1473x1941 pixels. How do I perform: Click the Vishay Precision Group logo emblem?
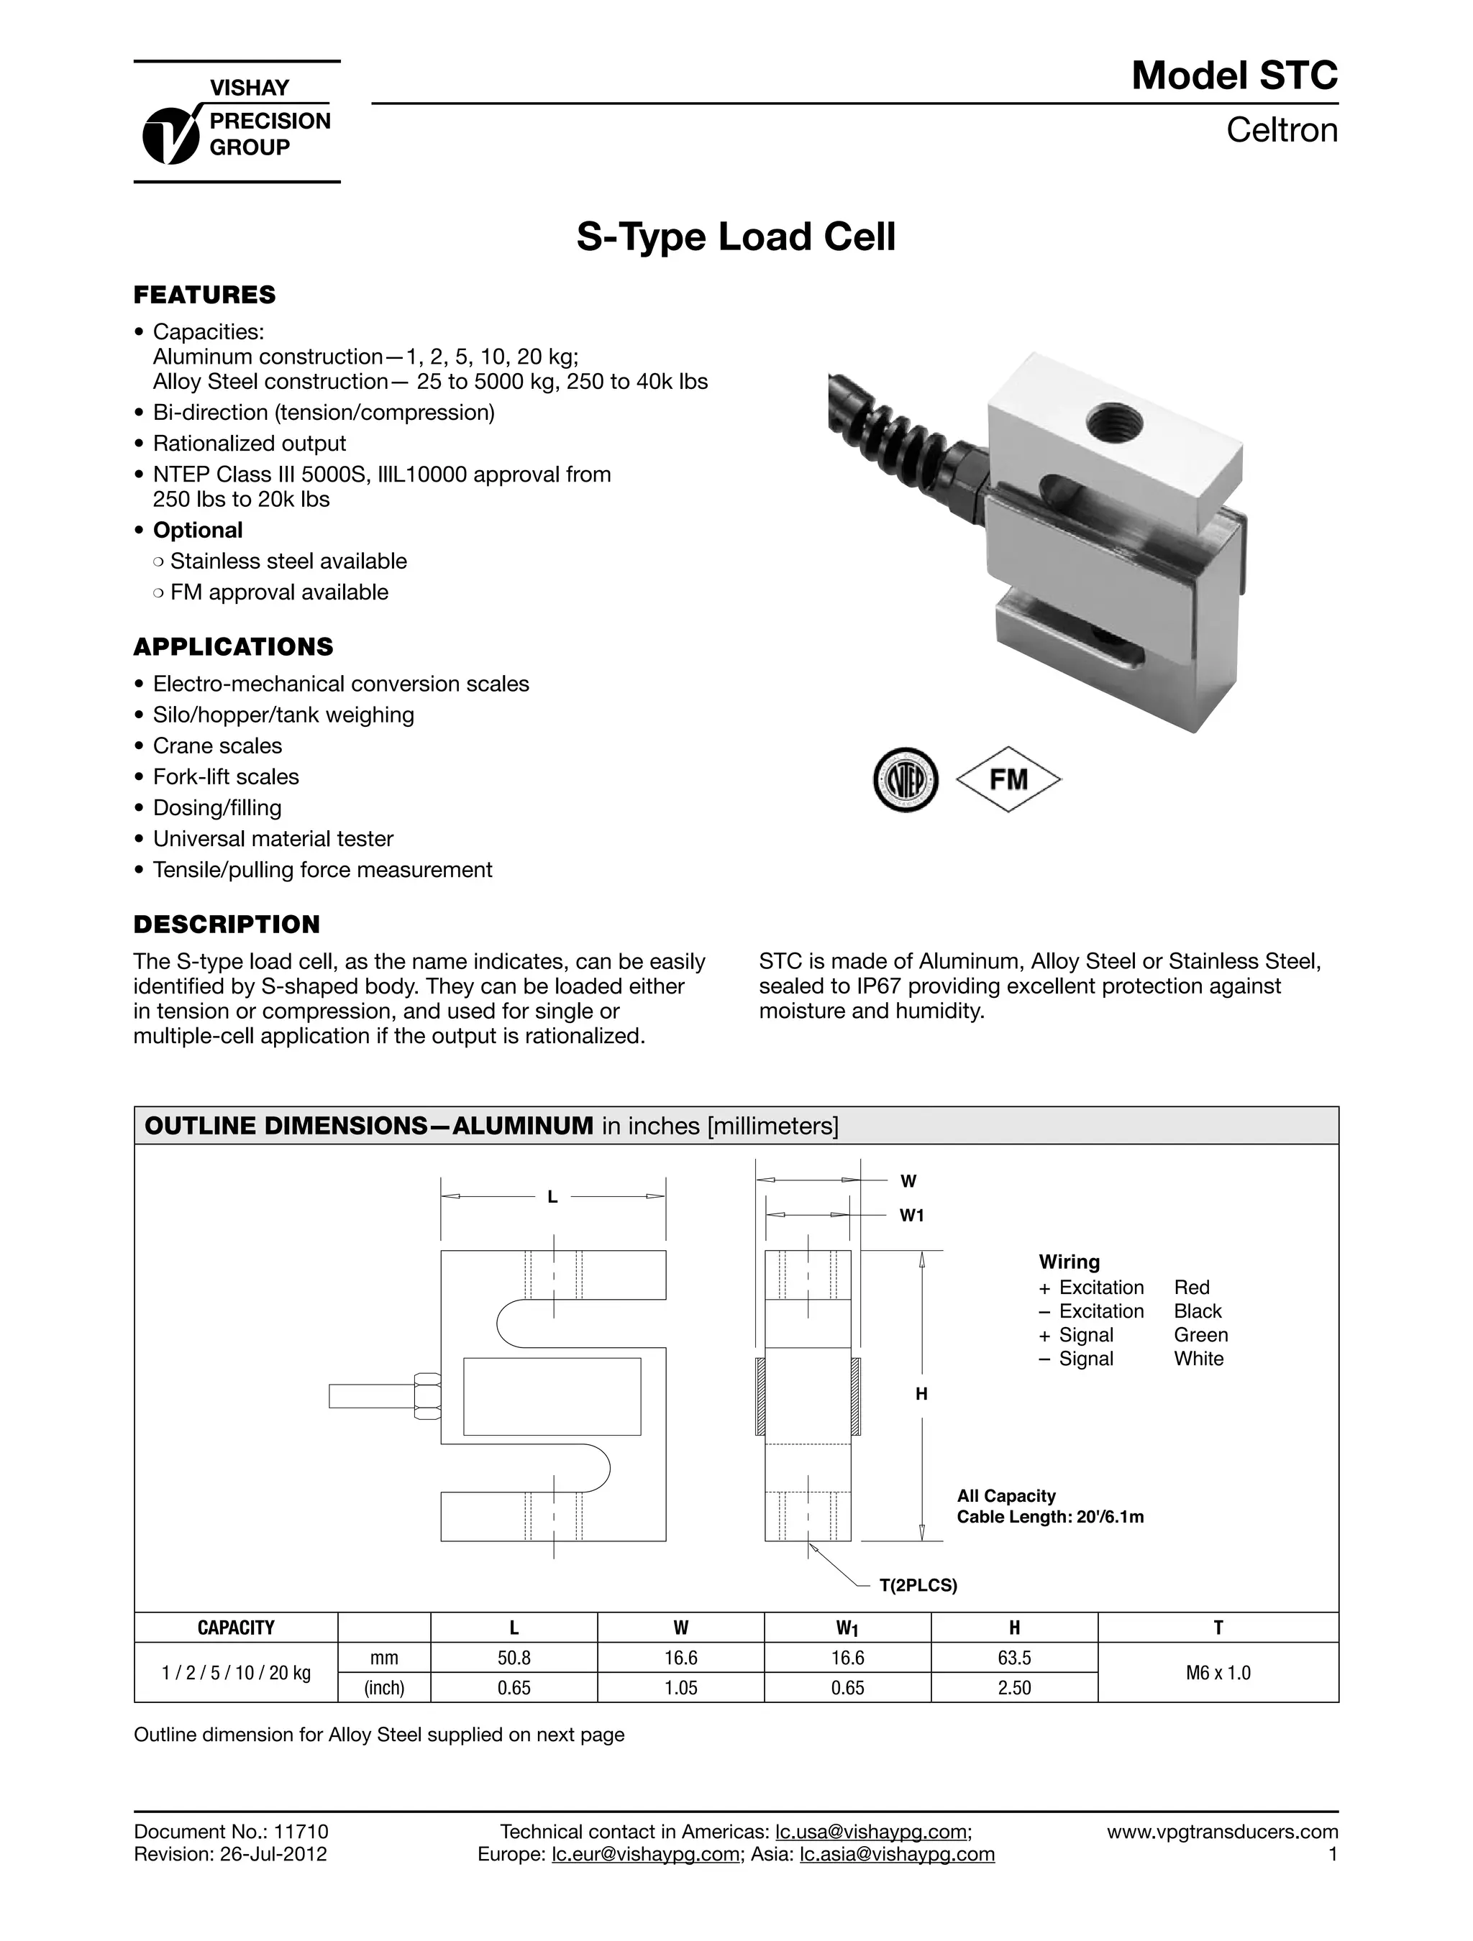pos(170,134)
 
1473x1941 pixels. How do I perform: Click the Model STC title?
pos(1233,75)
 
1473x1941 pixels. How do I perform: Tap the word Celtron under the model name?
pos(1281,130)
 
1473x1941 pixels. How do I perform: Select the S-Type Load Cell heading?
pos(736,237)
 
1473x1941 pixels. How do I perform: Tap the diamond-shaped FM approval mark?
pos(1008,779)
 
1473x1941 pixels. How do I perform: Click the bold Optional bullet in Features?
pos(198,530)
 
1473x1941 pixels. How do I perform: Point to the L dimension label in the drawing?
pos(552,1197)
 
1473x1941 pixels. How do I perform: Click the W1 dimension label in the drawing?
pos(911,1216)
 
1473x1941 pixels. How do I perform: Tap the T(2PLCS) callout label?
pos(918,1586)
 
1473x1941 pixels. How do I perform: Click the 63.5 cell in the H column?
pos(1014,1658)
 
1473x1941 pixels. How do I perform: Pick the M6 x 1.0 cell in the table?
pos(1218,1672)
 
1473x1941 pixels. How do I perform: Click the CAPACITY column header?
pos(235,1628)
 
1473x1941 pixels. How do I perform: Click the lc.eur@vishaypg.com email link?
pos(645,1854)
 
